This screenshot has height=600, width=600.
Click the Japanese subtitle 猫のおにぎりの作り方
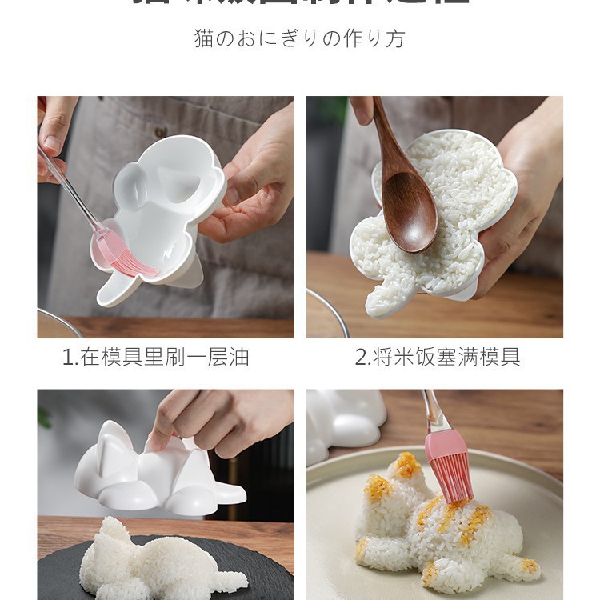coord(299,38)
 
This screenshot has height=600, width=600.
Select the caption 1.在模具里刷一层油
coord(156,357)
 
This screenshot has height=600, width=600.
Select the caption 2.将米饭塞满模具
coord(438,357)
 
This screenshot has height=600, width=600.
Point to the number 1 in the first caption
coord(67,358)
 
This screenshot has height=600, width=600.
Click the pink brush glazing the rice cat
coord(448,464)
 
